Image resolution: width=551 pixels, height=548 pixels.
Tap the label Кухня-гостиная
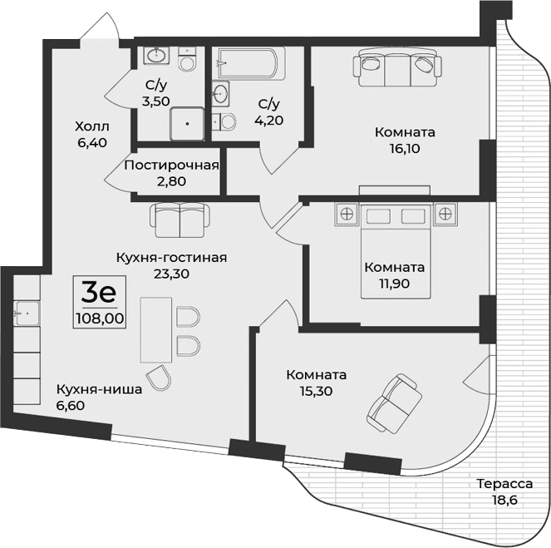pyautogui.click(x=171, y=257)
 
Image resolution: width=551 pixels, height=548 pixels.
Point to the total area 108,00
pyautogui.click(x=98, y=317)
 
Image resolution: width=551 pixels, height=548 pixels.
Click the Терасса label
pyautogui.click(x=504, y=484)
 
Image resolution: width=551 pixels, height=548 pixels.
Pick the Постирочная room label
pyautogui.click(x=171, y=165)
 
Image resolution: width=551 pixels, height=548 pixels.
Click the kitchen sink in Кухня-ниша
pyautogui.click(x=27, y=313)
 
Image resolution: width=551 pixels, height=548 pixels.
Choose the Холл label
pyautogui.click(x=91, y=126)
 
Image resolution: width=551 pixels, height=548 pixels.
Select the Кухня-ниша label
pyautogui.click(x=87, y=389)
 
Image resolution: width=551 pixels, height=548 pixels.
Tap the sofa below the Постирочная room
pyautogui.click(x=177, y=220)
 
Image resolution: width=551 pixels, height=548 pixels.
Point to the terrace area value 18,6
pyautogui.click(x=504, y=500)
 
